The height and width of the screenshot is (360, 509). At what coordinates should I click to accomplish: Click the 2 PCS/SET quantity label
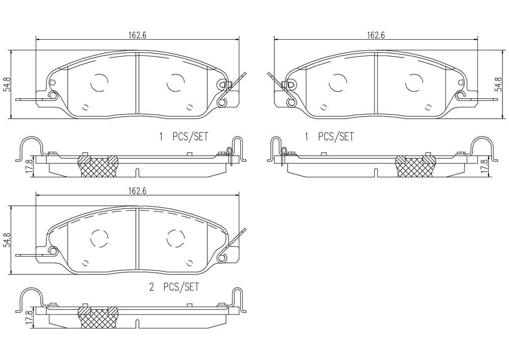coord(174,287)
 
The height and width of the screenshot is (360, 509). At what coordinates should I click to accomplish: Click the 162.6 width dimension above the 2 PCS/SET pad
coord(134,191)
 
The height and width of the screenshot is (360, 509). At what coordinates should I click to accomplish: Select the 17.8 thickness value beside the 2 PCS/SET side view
coord(29,317)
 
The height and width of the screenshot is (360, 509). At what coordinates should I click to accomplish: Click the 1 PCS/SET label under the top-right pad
coord(328,136)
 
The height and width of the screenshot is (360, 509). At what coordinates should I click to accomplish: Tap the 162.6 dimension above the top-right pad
coord(376,35)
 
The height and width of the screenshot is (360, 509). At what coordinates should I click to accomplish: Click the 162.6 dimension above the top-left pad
coord(134,35)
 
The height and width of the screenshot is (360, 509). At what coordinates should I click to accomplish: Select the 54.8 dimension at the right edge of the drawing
coord(498,84)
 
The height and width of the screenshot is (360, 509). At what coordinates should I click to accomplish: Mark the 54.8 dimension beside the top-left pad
coord(7,84)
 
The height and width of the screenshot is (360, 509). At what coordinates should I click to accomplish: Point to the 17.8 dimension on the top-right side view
coord(484,166)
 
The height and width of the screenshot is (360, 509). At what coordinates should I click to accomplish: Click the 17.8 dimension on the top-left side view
coord(29,166)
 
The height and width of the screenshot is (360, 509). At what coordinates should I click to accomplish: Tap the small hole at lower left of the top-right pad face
coord(323,107)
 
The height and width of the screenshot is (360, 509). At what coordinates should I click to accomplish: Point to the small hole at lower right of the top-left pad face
coord(189,107)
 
